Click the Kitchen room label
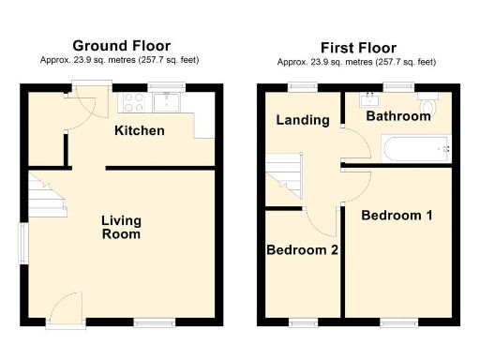coord(139,130)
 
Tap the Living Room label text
coord(121,227)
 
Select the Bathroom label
coord(397,116)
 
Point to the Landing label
coord(302,120)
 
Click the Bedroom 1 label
coord(397,215)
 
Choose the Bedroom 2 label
coord(302,250)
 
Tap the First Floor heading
coord(357,48)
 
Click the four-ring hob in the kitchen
coord(130,101)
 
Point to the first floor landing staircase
coord(280,175)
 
